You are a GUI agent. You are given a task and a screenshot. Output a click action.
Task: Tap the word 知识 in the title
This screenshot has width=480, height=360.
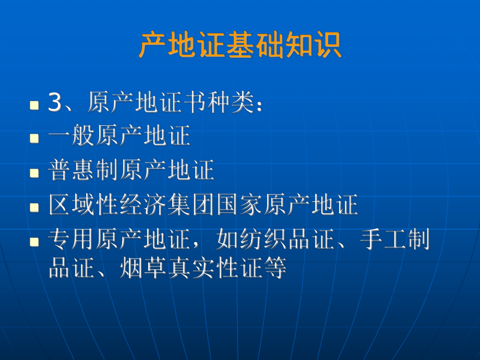point(318,45)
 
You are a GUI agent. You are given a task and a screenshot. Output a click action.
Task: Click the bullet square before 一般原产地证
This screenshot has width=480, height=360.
point(34,138)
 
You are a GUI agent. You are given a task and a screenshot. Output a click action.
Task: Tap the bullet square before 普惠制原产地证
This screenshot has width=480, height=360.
point(34,173)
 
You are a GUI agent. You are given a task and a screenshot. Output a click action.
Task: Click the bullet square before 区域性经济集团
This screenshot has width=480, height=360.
point(34,207)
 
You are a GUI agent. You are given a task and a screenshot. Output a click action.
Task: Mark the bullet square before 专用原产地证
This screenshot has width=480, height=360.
point(34,242)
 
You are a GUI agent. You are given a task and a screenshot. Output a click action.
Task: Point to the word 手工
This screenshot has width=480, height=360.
point(384,241)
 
